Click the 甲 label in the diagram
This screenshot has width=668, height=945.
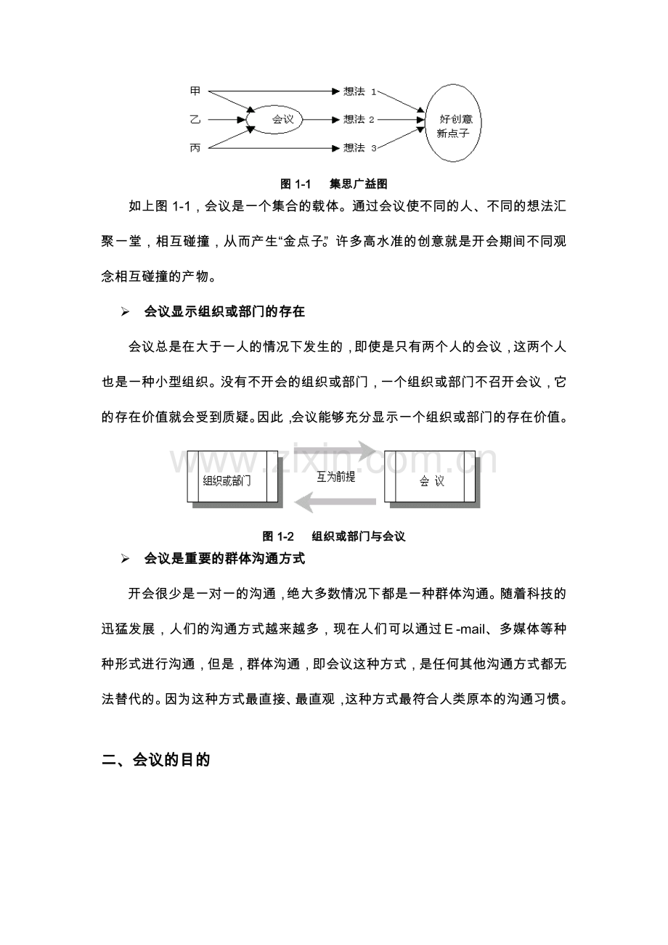tap(195, 91)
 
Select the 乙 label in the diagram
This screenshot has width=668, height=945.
tap(195, 119)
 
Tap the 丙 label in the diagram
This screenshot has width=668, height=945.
tap(195, 147)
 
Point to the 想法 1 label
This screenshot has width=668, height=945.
tap(359, 91)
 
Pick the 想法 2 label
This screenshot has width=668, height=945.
tap(359, 119)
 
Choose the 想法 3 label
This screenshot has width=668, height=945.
tap(359, 147)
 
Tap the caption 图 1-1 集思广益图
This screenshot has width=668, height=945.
tap(334, 184)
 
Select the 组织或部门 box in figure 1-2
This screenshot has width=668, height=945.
tap(232, 477)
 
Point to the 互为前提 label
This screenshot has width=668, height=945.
tap(335, 477)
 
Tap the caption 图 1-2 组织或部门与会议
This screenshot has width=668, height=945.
tap(333, 536)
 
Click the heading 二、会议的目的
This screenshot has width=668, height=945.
tap(156, 761)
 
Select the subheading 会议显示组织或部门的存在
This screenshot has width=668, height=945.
tap(224, 312)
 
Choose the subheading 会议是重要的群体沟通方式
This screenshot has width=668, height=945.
tap(224, 559)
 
